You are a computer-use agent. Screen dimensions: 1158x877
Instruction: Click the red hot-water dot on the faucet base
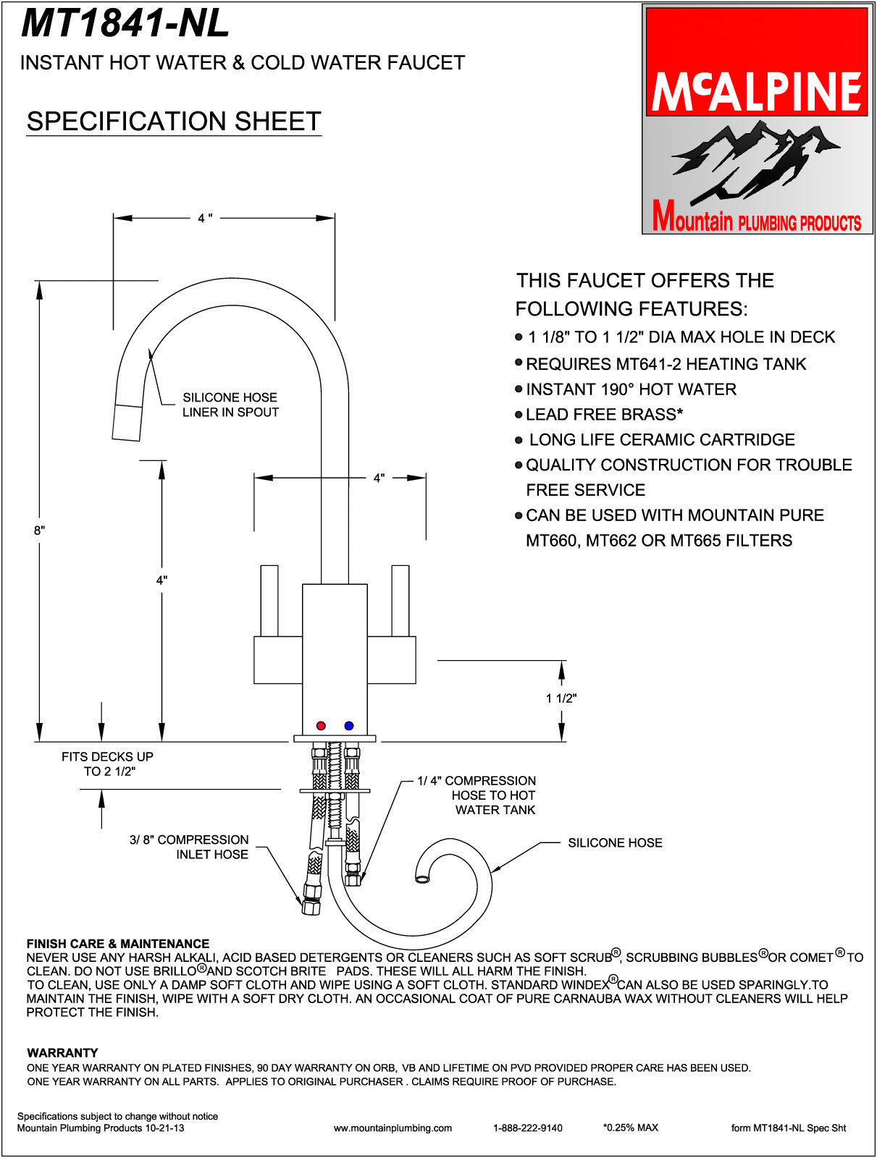[x=322, y=725]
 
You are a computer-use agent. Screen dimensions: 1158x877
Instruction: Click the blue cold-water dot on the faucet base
[x=349, y=725]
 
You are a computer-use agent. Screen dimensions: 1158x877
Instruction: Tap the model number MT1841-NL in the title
[x=125, y=23]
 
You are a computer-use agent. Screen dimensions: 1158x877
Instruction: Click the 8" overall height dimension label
[x=39, y=531]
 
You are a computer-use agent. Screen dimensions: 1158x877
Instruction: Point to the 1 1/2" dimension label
[x=561, y=698]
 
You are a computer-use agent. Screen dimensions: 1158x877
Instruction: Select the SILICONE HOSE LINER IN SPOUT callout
[x=230, y=405]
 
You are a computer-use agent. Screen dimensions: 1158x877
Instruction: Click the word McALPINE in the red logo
[x=757, y=91]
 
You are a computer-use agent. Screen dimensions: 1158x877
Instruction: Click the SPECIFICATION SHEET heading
[x=174, y=122]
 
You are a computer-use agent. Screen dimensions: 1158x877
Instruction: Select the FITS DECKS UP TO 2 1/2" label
[x=107, y=764]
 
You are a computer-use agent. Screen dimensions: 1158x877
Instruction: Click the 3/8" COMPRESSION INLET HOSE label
[x=189, y=847]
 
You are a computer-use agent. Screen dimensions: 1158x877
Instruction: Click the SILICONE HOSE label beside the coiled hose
[x=615, y=842]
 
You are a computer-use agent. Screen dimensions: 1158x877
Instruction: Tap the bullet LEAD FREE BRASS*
[x=604, y=415]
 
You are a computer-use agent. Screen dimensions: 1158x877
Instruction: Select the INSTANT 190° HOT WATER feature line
[x=631, y=389]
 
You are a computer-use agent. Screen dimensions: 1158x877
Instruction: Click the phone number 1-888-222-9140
[x=527, y=1128]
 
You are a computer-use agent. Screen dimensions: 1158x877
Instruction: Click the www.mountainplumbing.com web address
[x=393, y=1128]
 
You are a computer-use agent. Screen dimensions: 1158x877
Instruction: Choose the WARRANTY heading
[x=62, y=1052]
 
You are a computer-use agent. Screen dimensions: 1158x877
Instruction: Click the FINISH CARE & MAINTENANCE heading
[x=117, y=944]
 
